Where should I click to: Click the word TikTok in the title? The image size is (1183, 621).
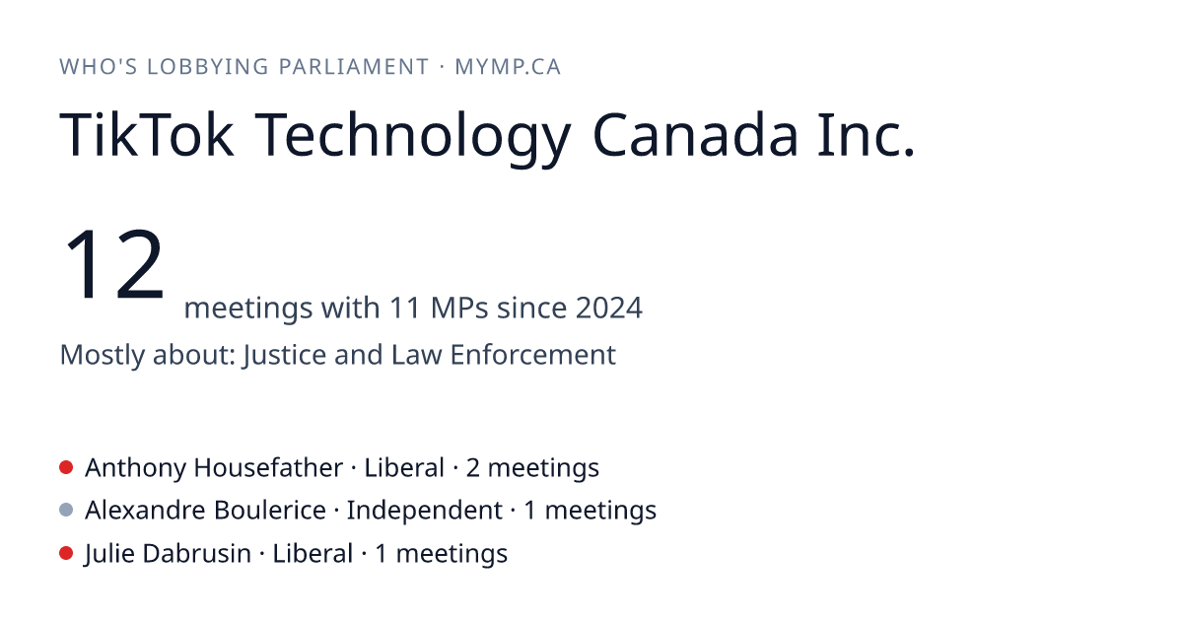click(x=146, y=135)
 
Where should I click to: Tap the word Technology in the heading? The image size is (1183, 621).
click(x=413, y=139)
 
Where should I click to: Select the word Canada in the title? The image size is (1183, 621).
click(x=694, y=136)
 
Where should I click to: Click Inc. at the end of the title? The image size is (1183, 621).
click(x=866, y=135)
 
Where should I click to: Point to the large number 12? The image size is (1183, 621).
click(x=113, y=264)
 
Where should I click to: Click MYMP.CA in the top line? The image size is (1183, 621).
click(x=508, y=67)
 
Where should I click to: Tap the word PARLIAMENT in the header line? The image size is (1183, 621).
click(x=353, y=67)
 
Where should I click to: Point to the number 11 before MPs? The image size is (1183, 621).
click(x=404, y=308)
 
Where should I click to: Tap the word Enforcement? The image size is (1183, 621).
click(x=533, y=354)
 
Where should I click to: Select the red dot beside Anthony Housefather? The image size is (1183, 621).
click(x=66, y=467)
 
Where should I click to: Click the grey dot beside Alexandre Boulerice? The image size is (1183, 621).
click(x=66, y=511)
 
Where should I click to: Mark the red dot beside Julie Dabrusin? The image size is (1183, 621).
click(x=66, y=553)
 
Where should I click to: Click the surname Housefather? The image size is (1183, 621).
click(x=268, y=467)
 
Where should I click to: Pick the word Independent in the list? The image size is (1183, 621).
click(x=425, y=511)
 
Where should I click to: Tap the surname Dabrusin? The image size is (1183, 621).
click(x=196, y=553)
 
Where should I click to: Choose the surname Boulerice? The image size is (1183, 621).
click(x=270, y=511)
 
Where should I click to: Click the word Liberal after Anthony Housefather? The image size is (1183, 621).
click(x=404, y=467)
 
